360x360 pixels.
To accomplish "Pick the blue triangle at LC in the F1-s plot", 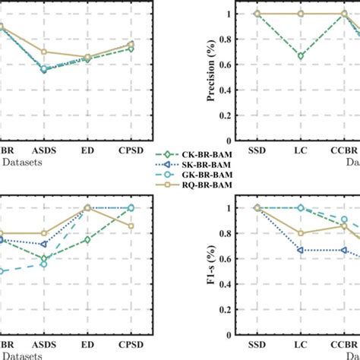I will [x=303, y=250].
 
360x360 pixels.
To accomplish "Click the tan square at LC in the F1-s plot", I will [x=303, y=233].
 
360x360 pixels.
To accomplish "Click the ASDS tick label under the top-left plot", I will [x=43, y=150].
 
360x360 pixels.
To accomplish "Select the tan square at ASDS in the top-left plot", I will [x=43, y=52].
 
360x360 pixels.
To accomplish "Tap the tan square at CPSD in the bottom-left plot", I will [x=131, y=226].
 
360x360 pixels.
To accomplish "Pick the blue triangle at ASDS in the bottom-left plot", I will [x=43, y=245].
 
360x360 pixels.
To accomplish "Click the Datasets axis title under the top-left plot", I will [x=23, y=162].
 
